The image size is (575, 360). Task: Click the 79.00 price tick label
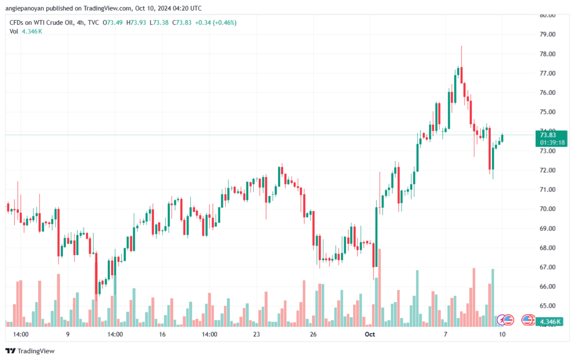[547, 34]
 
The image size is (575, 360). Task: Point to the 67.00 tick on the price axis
[547, 267]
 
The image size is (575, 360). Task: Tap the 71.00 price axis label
[547, 189]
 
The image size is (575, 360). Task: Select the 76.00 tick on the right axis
[547, 93]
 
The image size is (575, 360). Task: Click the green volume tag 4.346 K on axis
[550, 322]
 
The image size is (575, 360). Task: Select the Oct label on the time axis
[369, 334]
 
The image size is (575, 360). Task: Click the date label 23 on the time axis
[257, 334]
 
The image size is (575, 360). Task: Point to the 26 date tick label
[313, 334]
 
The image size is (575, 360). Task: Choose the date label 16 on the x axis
[162, 334]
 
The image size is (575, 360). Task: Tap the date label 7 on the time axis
[445, 334]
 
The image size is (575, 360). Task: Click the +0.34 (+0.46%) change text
[216, 22]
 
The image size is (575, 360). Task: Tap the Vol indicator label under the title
[13, 31]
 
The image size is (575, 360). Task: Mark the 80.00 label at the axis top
[547, 15]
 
